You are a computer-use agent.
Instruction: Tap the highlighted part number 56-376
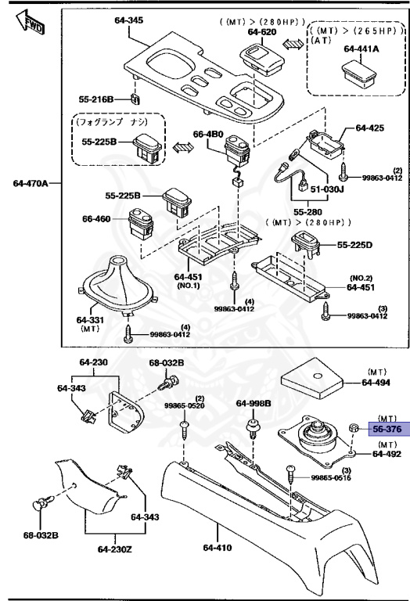387,429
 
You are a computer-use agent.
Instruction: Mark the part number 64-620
263,31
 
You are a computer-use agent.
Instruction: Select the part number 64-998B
254,403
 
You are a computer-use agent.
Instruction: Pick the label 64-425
371,127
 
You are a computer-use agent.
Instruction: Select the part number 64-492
387,453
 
